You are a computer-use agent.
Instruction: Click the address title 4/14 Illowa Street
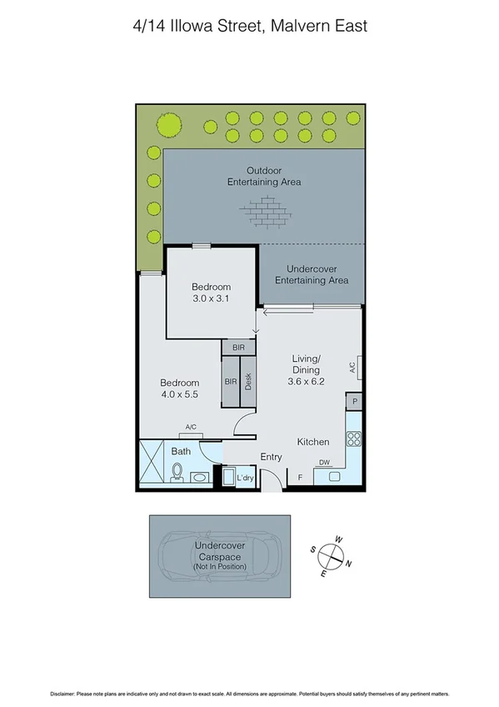point(249,26)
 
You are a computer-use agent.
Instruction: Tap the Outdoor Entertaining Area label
point(263,176)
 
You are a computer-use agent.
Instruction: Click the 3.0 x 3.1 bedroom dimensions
point(210,298)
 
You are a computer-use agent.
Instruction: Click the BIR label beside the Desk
point(230,382)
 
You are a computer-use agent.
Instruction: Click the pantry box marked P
point(355,402)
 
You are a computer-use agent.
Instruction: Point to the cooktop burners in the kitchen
point(354,439)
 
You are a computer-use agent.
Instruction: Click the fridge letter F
point(300,477)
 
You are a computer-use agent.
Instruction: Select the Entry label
point(271,457)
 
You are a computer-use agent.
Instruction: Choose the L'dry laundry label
point(245,478)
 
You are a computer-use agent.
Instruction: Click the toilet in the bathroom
point(177,473)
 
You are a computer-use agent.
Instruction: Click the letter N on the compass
point(348,564)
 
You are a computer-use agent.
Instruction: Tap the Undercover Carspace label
point(220,552)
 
